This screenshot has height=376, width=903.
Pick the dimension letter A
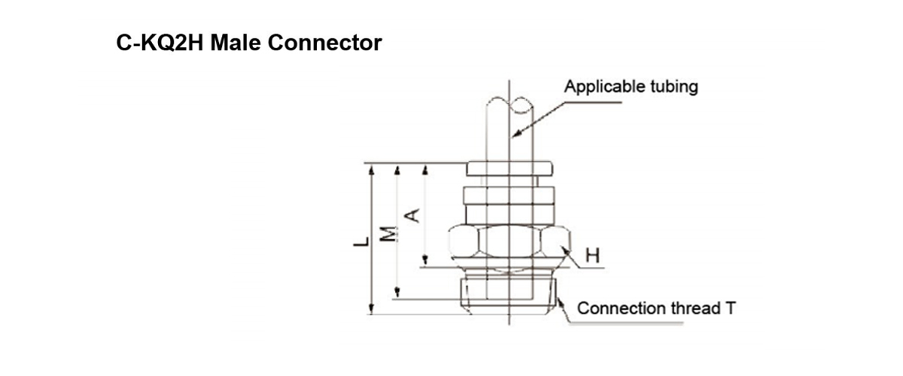[x=412, y=216]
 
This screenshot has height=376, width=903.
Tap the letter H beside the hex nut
[x=592, y=256]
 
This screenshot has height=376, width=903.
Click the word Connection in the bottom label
[x=622, y=308]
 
